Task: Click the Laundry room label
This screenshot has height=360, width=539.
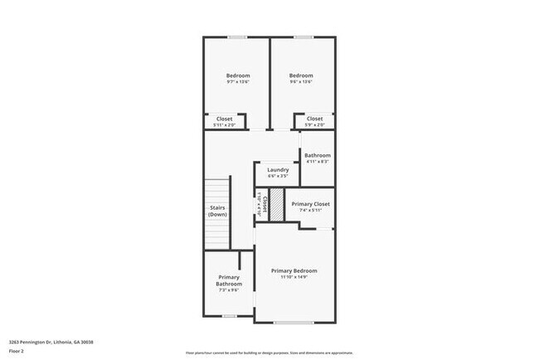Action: click(x=278, y=169)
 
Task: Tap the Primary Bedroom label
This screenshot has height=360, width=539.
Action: click(x=294, y=270)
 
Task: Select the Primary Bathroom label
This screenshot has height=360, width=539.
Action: click(x=229, y=280)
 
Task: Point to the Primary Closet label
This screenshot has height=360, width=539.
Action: click(x=311, y=203)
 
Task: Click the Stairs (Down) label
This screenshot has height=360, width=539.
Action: click(x=217, y=212)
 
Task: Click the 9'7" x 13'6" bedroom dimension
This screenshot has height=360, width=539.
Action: click(x=238, y=82)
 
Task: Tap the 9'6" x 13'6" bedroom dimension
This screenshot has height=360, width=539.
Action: click(x=300, y=82)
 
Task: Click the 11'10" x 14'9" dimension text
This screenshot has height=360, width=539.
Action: click(x=294, y=277)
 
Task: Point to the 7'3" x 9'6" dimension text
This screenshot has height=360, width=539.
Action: click(x=229, y=290)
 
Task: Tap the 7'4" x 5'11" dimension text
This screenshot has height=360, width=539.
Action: click(x=311, y=210)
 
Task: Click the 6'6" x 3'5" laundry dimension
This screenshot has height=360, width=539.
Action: click(x=278, y=176)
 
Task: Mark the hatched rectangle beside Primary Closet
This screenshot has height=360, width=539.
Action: click(x=278, y=205)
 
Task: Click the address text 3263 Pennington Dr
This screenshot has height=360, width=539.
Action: click(x=51, y=342)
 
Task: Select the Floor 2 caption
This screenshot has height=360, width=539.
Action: click(x=17, y=351)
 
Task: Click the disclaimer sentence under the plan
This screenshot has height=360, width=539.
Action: click(x=269, y=352)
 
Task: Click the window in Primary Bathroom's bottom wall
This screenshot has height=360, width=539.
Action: click(x=229, y=316)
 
